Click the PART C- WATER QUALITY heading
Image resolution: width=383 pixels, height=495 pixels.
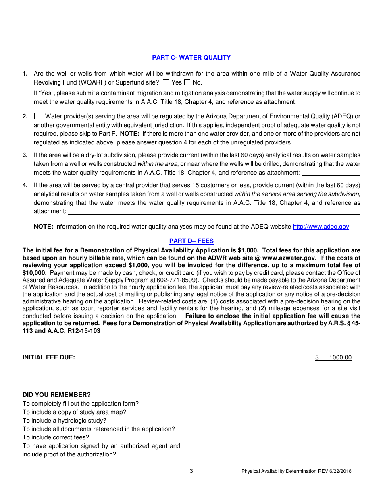tap(191, 58)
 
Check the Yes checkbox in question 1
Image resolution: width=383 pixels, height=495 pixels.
tap(166, 82)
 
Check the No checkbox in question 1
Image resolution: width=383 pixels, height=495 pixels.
tap(187, 82)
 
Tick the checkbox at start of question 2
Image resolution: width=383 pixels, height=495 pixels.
tap(37, 116)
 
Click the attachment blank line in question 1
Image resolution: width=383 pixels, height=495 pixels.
tap(329, 103)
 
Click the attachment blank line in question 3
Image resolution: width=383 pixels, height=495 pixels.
tap(331, 173)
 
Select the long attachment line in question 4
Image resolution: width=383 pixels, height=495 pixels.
tap(214, 212)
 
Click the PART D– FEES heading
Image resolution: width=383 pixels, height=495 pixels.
tap(191, 241)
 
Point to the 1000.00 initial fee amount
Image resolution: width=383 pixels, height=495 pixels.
tap(340, 357)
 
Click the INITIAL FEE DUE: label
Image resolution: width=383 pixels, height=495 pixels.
tap(48, 357)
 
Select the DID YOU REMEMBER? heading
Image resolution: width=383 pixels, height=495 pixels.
tap(56, 395)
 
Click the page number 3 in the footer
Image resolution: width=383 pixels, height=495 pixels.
tap(191, 471)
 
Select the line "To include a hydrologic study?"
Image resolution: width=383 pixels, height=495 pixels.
tap(64, 421)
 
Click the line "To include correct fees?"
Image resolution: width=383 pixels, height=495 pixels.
tap(56, 437)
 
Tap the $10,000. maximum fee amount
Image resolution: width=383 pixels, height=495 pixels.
tap(34, 272)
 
